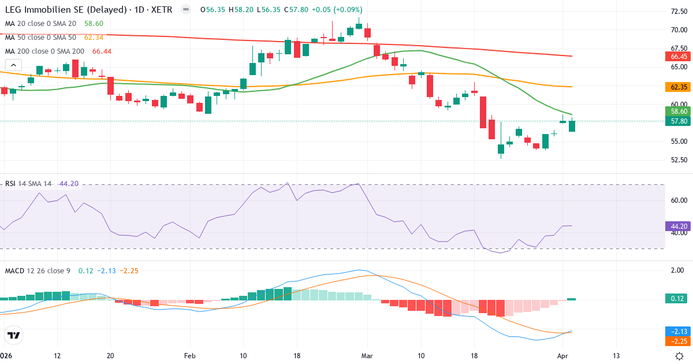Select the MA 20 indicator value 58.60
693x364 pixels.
[94, 23]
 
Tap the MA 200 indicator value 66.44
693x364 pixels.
[101, 51]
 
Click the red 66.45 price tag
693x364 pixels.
[679, 57]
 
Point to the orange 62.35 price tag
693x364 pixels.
[679, 87]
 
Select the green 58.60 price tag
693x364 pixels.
[679, 111]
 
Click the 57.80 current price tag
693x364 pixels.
[679, 121]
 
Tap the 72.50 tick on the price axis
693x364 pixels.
[679, 11]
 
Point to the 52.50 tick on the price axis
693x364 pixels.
[679, 160]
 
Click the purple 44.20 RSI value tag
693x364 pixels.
[679, 226]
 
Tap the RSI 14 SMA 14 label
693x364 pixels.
[28, 184]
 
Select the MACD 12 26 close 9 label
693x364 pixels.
[38, 270]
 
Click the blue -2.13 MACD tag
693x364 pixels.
[679, 331]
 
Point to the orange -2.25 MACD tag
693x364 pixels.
[679, 341]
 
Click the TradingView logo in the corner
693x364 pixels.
[14, 335]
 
